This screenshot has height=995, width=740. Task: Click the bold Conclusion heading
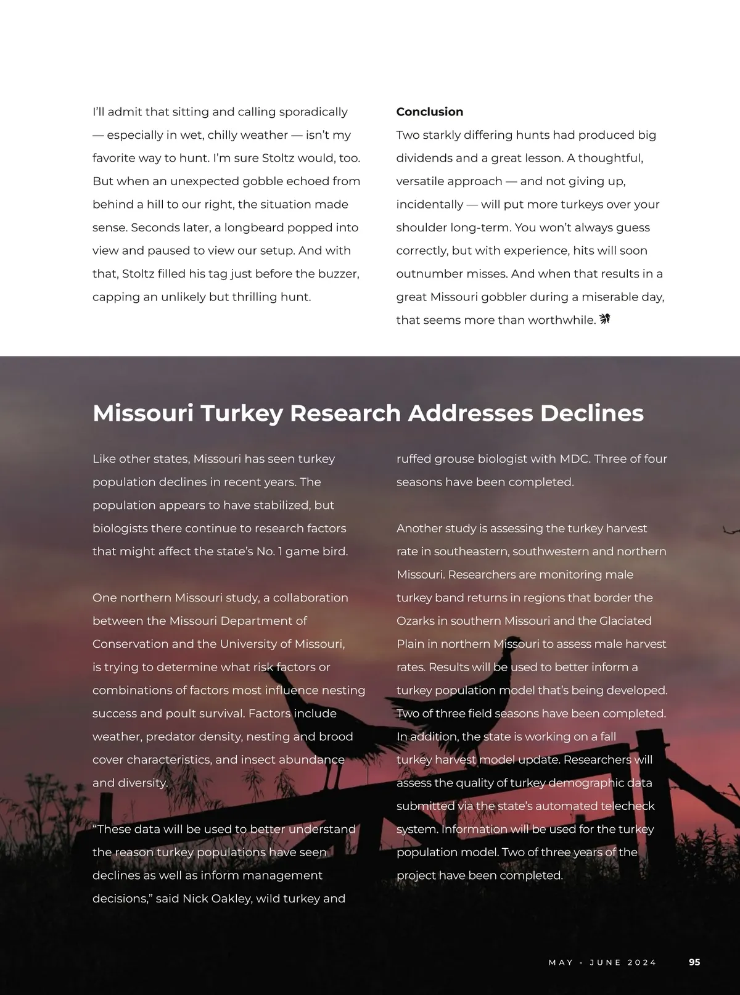coord(429,112)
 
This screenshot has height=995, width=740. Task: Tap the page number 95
coord(694,962)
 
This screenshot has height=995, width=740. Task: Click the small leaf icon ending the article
coord(604,319)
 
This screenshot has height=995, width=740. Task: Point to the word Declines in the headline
coord(591,413)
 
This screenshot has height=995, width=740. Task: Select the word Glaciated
coord(625,621)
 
